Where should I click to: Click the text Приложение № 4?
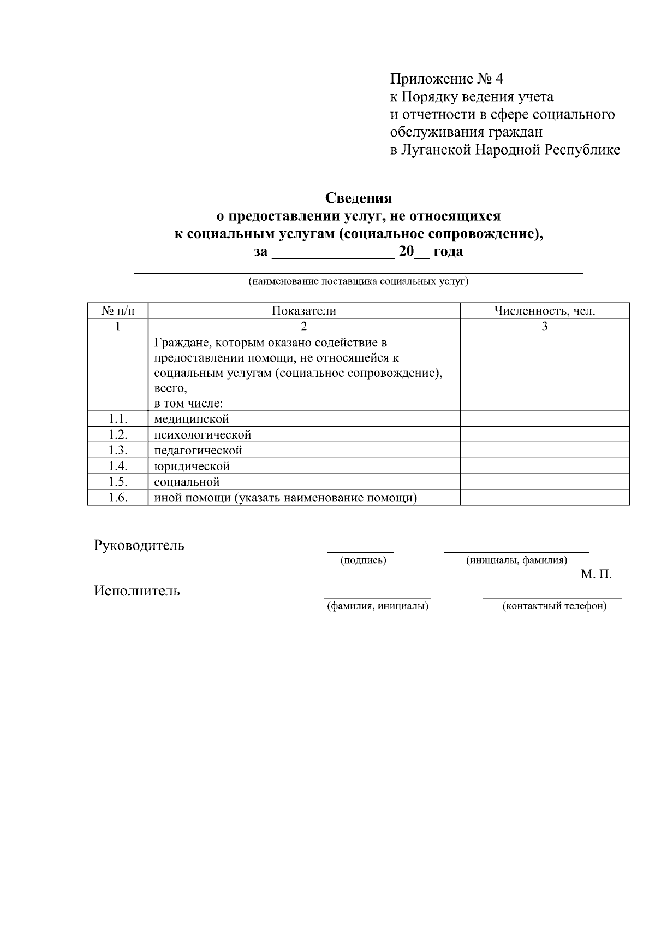point(446,79)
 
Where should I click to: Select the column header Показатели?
point(304,311)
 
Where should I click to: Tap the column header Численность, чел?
point(544,311)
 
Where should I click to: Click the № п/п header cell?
point(118,311)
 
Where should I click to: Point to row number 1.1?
point(118,419)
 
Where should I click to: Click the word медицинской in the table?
point(192,420)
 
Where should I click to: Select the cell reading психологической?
point(203,435)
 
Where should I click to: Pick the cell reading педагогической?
point(198,451)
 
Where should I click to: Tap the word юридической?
point(192,467)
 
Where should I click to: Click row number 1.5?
point(118,482)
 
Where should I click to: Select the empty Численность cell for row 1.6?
point(544,498)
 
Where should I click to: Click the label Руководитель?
point(139,546)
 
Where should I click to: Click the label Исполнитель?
point(137,591)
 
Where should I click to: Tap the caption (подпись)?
point(363,560)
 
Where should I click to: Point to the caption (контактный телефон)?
point(554,606)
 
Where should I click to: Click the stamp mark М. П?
point(596,575)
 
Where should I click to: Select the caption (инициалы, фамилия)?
point(516,560)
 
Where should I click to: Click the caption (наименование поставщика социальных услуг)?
point(359,282)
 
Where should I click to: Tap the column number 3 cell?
point(544,327)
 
